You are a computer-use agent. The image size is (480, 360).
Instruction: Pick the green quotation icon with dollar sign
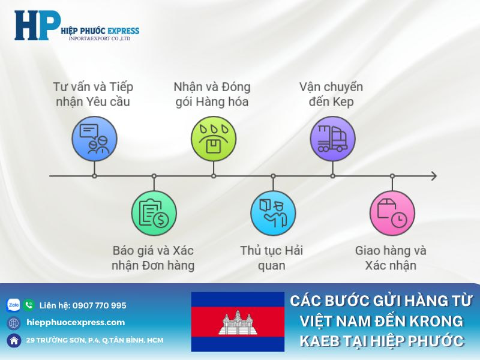[154, 214]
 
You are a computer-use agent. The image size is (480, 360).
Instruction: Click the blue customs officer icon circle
[273, 214]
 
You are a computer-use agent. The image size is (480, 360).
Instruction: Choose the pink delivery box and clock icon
[392, 214]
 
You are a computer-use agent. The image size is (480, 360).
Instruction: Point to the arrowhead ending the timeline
[433, 176]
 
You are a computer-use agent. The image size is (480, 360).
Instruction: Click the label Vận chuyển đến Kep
[331, 94]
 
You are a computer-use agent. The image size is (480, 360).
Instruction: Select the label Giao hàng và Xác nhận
[391, 257]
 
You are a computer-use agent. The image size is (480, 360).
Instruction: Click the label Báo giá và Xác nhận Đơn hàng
[154, 257]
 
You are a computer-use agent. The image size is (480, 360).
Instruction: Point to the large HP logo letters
[37, 25]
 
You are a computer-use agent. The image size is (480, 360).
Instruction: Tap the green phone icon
[29, 305]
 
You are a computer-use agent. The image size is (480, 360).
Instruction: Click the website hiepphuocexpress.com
[76, 322]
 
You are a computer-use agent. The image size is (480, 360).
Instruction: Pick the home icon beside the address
[14, 340]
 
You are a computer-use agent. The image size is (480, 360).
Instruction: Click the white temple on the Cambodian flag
[238, 322]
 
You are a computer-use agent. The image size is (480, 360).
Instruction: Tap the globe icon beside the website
[14, 323]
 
